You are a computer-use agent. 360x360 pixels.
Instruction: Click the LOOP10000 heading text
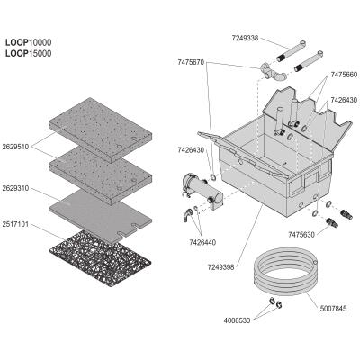(x=28, y=42)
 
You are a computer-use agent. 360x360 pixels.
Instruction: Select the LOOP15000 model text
(x=28, y=53)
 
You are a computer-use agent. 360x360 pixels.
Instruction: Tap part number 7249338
(x=245, y=39)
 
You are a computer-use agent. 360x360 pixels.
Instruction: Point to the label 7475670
(x=191, y=62)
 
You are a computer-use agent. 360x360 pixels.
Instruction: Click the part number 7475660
(x=344, y=75)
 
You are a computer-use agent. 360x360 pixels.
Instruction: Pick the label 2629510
(x=15, y=147)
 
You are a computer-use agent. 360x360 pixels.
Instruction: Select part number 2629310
(x=15, y=188)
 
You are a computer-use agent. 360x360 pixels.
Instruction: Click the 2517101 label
(x=15, y=224)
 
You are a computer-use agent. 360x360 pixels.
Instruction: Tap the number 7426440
(x=202, y=242)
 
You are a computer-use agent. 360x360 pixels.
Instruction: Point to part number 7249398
(x=220, y=267)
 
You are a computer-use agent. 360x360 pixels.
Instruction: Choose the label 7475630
(x=301, y=235)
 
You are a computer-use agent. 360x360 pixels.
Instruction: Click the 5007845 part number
(x=333, y=308)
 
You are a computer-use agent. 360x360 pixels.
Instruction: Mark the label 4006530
(x=237, y=320)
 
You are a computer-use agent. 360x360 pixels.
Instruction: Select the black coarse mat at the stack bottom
(x=100, y=258)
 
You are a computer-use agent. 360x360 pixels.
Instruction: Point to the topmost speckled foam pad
(x=101, y=130)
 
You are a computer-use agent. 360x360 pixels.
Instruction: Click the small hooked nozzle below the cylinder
(x=188, y=215)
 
